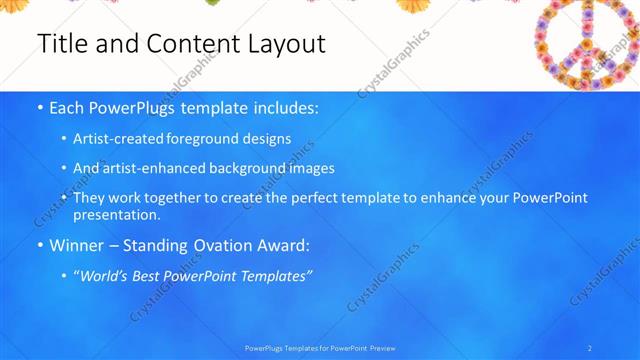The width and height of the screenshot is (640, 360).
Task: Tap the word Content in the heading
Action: (x=180, y=44)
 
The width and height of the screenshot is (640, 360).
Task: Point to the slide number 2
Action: (x=590, y=347)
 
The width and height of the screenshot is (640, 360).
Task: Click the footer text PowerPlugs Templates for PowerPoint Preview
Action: (x=319, y=347)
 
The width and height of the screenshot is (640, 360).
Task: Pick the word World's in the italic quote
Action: (x=109, y=274)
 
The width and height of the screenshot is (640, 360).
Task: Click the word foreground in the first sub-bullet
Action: (x=212, y=139)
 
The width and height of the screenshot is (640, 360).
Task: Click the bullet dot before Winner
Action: (x=38, y=245)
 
